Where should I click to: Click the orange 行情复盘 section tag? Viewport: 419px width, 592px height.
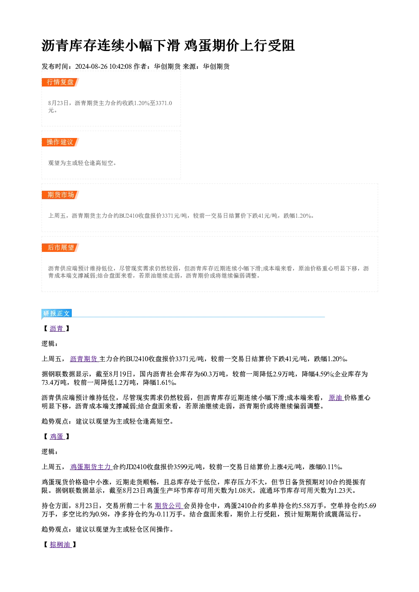60,82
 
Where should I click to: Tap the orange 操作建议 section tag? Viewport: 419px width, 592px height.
60,142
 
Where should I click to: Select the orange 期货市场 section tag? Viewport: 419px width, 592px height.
60,195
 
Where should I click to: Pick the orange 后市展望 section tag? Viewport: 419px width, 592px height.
60,248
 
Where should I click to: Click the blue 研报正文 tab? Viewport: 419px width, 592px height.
57,314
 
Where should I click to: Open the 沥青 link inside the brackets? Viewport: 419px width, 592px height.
57,329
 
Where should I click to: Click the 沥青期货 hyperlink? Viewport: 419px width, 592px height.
84,359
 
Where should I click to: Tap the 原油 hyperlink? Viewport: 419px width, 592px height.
336,398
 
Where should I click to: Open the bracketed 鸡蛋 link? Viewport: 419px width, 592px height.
57,436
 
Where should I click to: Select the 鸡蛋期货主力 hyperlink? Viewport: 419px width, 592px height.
91,467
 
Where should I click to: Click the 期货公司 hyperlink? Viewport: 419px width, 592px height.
169,506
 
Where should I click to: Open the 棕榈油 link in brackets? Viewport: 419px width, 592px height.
60,545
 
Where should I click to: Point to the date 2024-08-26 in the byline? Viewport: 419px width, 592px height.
91,67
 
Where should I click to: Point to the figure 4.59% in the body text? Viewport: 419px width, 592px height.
324,374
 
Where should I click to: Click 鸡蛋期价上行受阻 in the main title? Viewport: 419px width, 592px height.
239,46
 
